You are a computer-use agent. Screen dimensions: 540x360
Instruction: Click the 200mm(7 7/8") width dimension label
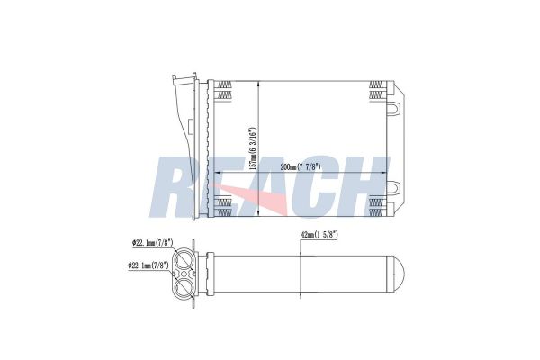(x=301, y=167)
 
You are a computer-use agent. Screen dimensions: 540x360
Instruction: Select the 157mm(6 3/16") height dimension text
(x=253, y=148)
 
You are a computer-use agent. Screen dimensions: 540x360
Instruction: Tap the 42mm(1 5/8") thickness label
(x=319, y=235)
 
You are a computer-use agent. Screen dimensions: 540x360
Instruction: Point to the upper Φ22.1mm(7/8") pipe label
(x=152, y=243)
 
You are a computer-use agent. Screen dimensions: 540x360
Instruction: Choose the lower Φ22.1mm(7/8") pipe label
(x=148, y=265)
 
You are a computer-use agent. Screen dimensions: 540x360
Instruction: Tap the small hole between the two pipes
(x=184, y=274)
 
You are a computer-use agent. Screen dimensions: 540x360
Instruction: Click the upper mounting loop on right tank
(x=394, y=108)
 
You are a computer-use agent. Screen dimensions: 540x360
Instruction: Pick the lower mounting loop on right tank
(x=394, y=188)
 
